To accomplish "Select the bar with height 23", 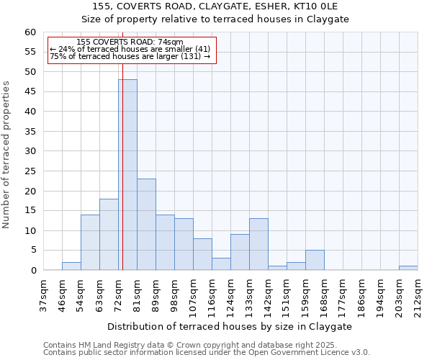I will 146,224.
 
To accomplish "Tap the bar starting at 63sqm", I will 109,234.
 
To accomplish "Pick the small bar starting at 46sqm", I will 71,266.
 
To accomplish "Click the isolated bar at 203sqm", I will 408,268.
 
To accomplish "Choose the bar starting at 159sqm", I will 315,260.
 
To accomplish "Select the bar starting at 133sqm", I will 258,244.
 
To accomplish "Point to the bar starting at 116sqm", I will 221,264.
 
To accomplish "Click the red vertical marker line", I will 122,180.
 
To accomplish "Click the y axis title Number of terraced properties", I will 6,154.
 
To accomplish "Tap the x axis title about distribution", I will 230,326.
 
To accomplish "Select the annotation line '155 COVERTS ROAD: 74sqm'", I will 130,42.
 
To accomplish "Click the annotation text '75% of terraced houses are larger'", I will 130,56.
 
